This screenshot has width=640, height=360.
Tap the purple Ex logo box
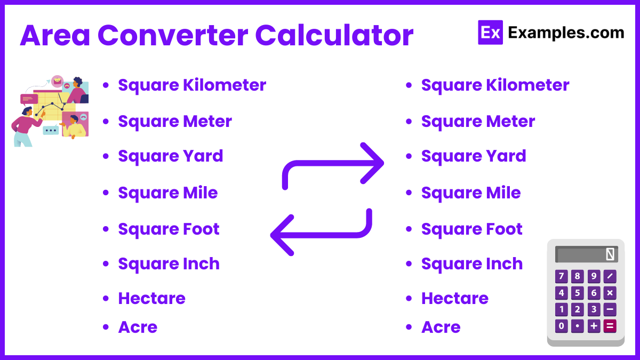(x=490, y=32)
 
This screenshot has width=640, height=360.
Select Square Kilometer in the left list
(x=192, y=85)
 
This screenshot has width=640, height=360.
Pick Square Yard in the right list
(x=474, y=156)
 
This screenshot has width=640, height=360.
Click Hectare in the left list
(x=151, y=298)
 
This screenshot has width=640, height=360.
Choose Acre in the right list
(x=441, y=327)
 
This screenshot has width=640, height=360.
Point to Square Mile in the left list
(x=168, y=193)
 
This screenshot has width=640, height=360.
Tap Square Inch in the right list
(x=471, y=264)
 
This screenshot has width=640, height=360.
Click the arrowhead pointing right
(x=373, y=162)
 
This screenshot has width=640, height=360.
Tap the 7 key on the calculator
(x=561, y=276)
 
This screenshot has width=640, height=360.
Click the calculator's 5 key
(x=578, y=293)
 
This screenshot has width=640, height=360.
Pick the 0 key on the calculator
(x=561, y=326)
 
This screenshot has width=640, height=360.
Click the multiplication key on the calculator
(x=610, y=293)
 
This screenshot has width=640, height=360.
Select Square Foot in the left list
(x=169, y=229)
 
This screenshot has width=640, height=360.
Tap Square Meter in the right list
(x=478, y=122)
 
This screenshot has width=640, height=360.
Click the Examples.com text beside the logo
(x=566, y=33)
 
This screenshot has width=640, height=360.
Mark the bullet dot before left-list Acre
(x=106, y=327)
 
